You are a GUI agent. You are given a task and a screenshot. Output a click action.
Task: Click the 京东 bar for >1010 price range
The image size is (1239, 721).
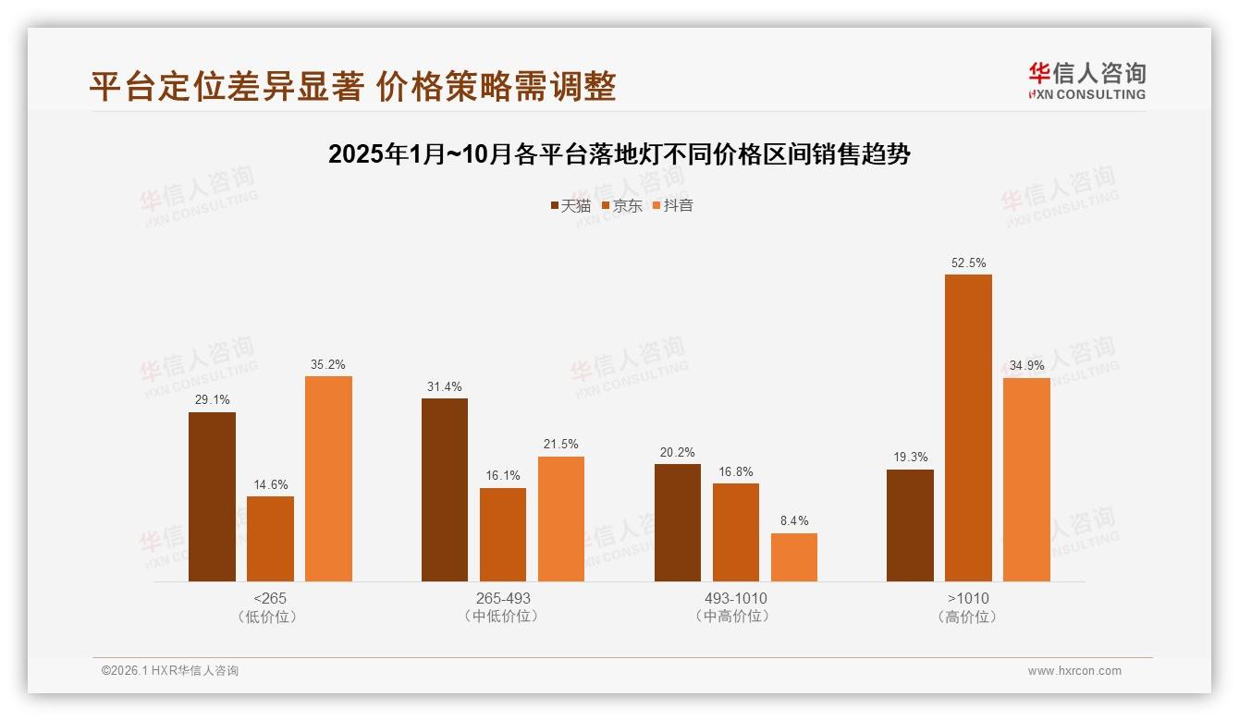click(x=968, y=428)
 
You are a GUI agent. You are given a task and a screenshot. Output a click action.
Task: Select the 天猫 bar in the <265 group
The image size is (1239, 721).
click(x=212, y=496)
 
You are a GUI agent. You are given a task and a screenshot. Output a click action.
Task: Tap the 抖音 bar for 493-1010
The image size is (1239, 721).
click(x=794, y=557)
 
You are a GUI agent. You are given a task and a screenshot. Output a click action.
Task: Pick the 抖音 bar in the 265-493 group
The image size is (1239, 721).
click(x=561, y=519)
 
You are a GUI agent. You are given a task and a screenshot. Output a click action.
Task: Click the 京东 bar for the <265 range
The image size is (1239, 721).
click(x=270, y=539)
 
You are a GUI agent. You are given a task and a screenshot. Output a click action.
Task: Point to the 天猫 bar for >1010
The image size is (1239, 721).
click(x=910, y=525)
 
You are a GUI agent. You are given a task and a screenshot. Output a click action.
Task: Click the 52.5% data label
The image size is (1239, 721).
click(x=968, y=263)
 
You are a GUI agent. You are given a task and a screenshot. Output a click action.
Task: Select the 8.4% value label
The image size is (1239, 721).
click(x=794, y=521)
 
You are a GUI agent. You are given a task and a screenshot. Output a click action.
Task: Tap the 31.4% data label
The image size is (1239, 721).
click(x=445, y=387)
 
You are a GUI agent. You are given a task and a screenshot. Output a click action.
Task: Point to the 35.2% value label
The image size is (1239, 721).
click(x=328, y=365)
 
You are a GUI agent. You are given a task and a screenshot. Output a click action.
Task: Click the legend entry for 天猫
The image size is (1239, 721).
click(x=570, y=206)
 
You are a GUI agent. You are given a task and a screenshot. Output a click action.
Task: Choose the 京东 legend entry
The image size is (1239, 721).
click(x=622, y=206)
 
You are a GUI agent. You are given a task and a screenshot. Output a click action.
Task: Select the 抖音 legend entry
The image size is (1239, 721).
click(x=673, y=206)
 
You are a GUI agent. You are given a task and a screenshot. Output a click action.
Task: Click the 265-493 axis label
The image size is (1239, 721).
click(x=503, y=598)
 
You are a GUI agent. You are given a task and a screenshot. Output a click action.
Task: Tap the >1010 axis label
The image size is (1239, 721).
click(x=968, y=598)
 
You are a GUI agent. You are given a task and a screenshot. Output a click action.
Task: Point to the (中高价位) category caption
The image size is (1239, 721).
click(x=736, y=617)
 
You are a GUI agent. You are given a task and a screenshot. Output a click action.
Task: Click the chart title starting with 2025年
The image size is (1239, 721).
click(x=619, y=154)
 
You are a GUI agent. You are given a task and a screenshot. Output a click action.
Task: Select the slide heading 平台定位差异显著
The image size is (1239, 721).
click(x=352, y=87)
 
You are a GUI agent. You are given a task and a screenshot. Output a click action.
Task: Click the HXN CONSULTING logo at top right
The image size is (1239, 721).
click(x=1086, y=80)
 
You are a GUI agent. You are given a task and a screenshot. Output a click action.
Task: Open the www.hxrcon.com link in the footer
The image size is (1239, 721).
click(x=1074, y=671)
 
